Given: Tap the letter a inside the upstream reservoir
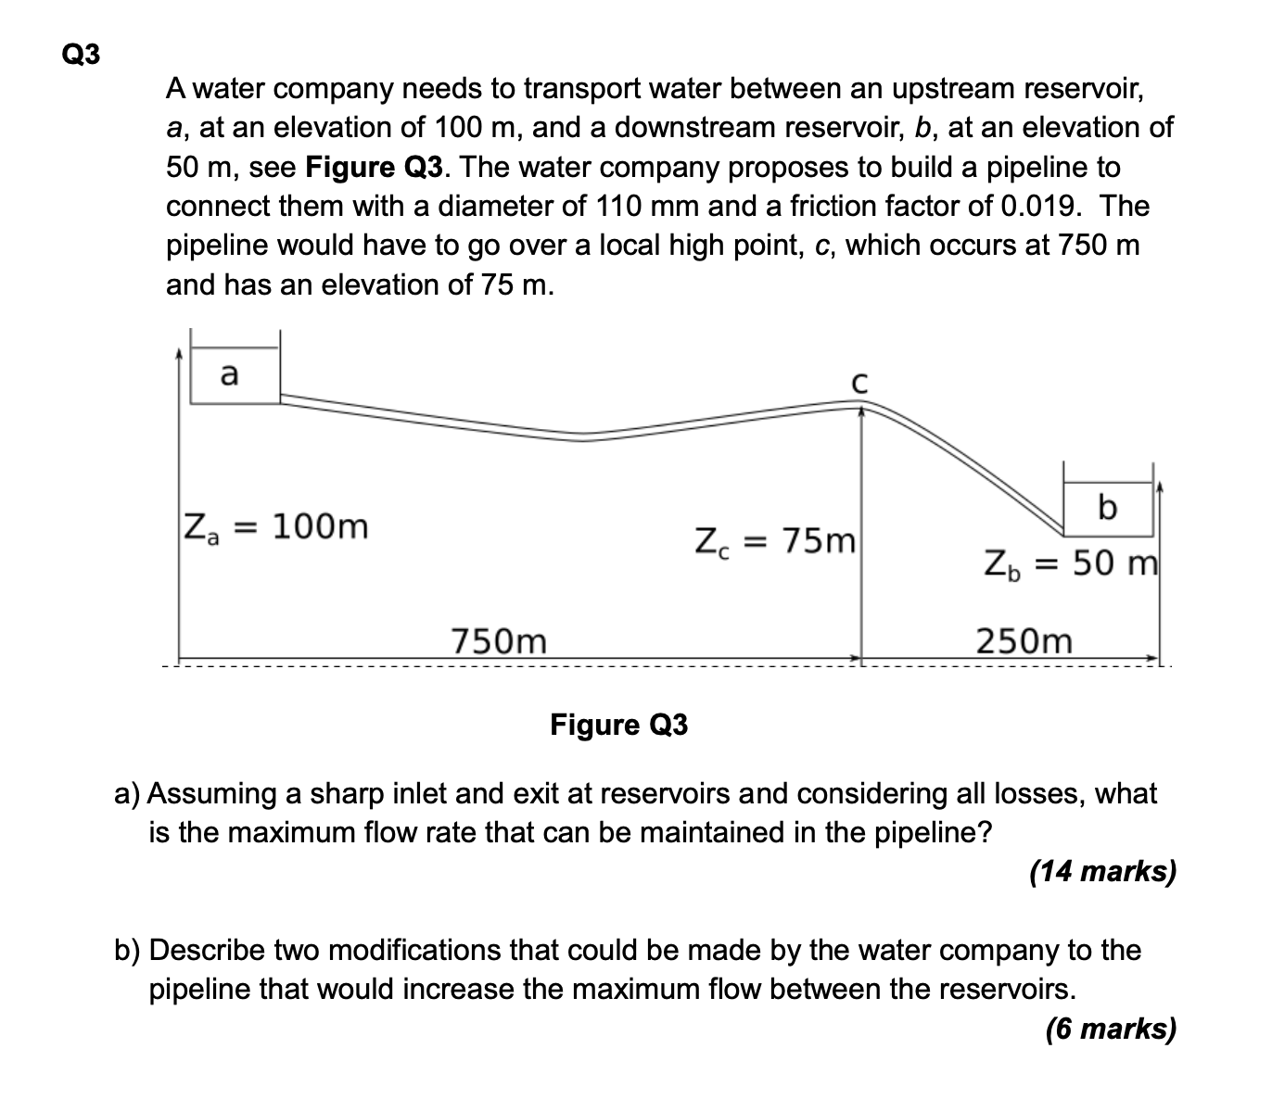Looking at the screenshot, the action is pos(228,374).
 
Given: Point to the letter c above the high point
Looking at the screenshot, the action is pos(859,382).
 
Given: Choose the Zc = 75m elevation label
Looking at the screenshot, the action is pos(774,539).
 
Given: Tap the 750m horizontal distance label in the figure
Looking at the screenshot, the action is pos(499,640).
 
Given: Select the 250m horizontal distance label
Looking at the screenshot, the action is pos(1024,640).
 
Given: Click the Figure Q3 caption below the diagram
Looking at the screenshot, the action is pos(619,724).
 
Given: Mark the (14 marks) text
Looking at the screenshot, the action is pos(1102,871).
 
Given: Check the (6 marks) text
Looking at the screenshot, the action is pos(1110,1029).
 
